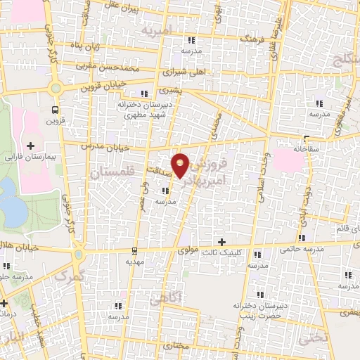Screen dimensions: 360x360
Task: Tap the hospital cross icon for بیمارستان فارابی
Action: [x=30, y=145]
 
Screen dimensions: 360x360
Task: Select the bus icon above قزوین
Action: [x=55, y=109]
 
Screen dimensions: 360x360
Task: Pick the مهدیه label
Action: [x=135, y=261]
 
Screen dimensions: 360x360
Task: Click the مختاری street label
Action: [x=181, y=347]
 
